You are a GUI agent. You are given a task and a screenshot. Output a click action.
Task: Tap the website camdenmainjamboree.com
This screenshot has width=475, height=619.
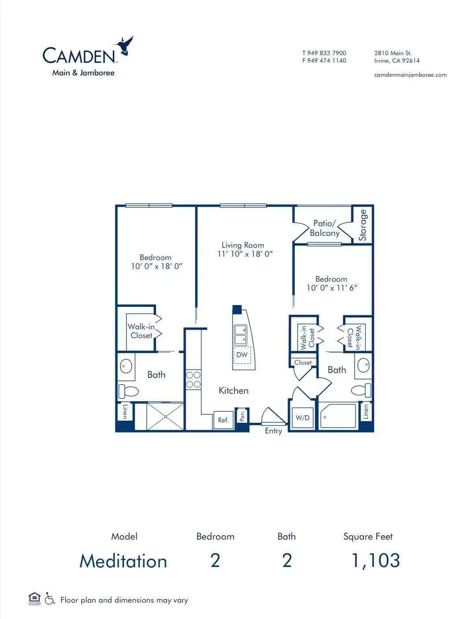pos(410,75)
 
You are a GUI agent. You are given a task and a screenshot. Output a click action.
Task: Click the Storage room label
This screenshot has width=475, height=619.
pos(362,225)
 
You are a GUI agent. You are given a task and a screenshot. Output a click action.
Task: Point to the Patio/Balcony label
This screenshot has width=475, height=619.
pos(324,228)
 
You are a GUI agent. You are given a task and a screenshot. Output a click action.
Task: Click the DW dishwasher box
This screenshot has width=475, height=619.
pos(242,354)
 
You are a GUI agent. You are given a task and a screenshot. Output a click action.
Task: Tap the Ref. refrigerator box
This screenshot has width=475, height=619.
pos(223,420)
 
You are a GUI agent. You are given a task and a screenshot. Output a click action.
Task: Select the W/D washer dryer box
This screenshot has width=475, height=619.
pos(303,418)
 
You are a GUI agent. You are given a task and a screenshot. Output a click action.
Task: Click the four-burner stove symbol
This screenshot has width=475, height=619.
pos(193,380)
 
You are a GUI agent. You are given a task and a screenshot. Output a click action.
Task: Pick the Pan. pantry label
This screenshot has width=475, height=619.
pos(242,415)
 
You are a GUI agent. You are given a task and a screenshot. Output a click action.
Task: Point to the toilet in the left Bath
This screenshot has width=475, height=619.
pos(128,391)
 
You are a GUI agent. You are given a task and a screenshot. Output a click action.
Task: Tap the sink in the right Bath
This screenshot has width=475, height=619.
pos(363,365)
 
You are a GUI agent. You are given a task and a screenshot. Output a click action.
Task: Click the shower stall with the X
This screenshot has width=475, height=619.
pos(165,416)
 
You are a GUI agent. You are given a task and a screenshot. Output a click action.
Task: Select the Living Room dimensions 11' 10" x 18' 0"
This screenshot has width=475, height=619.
pos(245,254)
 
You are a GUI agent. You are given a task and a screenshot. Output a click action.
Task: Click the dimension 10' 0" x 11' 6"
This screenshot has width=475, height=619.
pos(331,288)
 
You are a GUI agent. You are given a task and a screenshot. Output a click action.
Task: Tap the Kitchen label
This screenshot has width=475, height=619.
pos(234,391)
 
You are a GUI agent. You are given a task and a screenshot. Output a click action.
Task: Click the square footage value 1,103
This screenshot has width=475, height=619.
pos(376,561)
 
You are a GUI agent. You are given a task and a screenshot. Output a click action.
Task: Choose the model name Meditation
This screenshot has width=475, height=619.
pos(123,561)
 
